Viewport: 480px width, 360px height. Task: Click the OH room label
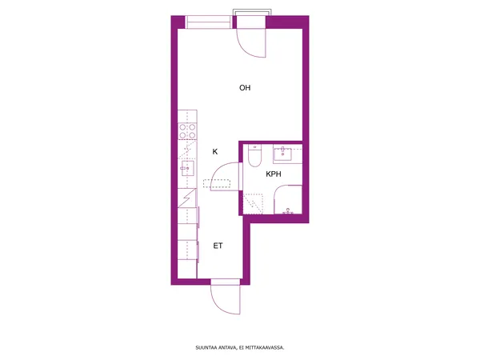click(x=245, y=88)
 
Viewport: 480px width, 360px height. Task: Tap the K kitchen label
click(x=215, y=151)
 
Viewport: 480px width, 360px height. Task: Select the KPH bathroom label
click(x=274, y=174)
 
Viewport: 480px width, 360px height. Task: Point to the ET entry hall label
click(x=218, y=246)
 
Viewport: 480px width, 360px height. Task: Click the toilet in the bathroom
click(x=254, y=155)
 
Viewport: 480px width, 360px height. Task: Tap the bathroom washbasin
click(x=282, y=154)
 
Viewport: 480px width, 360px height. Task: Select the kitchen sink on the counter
click(x=187, y=168)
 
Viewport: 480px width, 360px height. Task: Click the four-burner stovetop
click(x=187, y=131)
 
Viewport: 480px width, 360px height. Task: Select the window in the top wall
click(x=209, y=22)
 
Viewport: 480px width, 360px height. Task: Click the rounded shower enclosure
click(x=288, y=199)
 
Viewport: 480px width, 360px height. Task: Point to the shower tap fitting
click(x=288, y=211)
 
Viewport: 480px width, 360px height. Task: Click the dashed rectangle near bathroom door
click(x=217, y=183)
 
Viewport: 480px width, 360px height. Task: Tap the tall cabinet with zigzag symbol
click(x=187, y=198)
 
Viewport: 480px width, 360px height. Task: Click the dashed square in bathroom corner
click(x=253, y=203)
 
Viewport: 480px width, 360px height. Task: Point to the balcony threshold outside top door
click(x=252, y=12)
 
